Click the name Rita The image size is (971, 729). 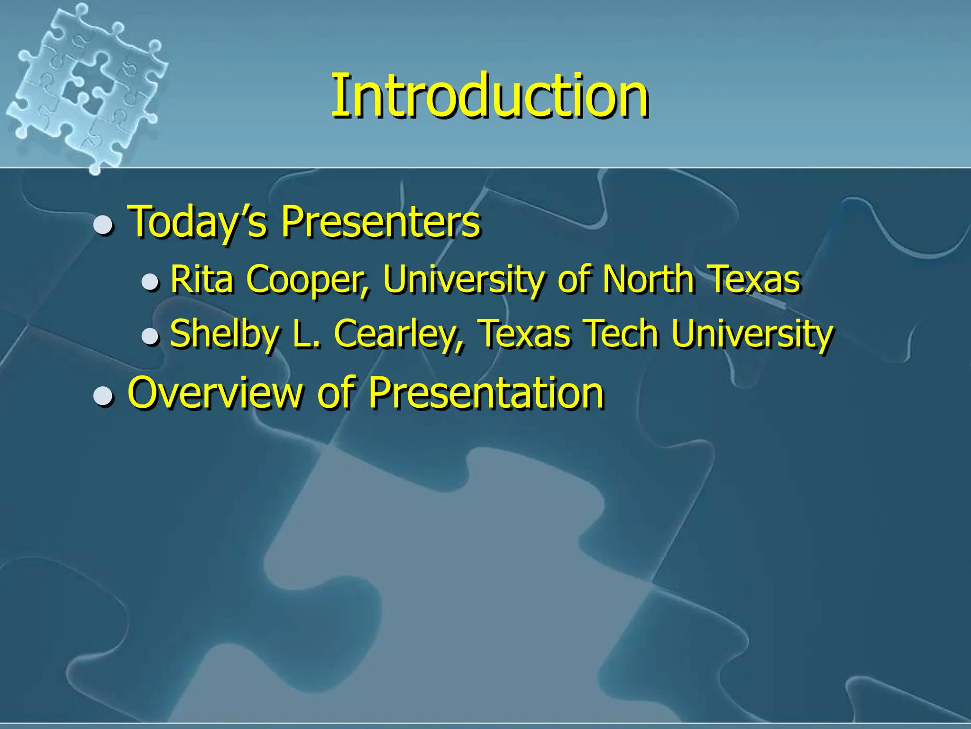click(202, 280)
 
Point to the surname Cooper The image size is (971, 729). click(307, 280)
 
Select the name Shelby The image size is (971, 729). click(224, 334)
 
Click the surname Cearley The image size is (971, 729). click(398, 334)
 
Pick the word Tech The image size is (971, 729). click(621, 334)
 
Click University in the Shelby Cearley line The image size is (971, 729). click(752, 334)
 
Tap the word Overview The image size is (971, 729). click(215, 393)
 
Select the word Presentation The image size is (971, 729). click(486, 393)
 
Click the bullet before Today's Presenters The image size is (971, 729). click(103, 225)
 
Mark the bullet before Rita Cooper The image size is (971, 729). click(150, 282)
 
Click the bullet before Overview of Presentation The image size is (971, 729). click(103, 396)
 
